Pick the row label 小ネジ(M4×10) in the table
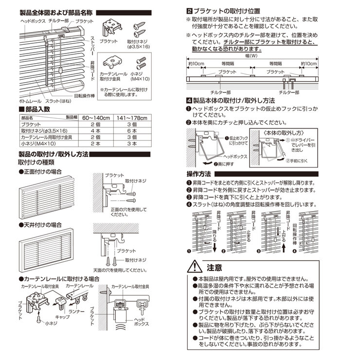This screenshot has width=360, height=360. [37, 144]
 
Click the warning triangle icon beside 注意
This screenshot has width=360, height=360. [195, 267]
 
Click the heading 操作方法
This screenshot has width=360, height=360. [198, 173]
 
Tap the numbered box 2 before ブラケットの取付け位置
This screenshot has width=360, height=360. [189, 10]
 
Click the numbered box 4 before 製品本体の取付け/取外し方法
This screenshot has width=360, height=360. [189, 100]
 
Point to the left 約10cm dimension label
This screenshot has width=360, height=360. [196, 64]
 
